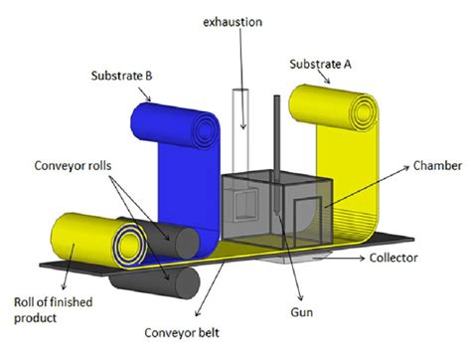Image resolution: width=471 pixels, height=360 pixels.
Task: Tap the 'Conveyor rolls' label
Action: [73, 166]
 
